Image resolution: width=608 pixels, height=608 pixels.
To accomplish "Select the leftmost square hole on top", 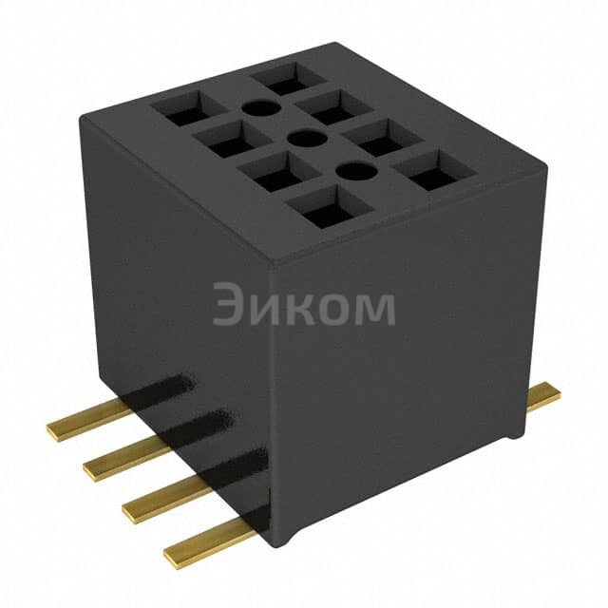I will click(x=184, y=108).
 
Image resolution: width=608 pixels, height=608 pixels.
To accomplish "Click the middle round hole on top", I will click(x=304, y=140).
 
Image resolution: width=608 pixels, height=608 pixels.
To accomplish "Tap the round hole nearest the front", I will click(x=353, y=172).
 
